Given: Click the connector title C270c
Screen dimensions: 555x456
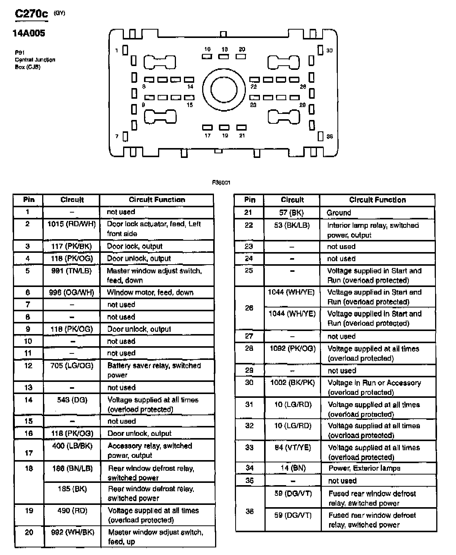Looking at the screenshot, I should click(32, 14).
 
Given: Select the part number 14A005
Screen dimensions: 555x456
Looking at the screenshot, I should click(29, 33).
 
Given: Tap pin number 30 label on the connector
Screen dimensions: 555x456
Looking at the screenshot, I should click(329, 50).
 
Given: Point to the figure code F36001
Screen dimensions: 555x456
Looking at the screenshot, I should click(221, 183).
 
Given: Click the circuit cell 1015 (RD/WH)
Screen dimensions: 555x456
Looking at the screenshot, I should click(71, 224).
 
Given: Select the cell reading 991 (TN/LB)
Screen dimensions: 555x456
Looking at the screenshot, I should click(71, 271).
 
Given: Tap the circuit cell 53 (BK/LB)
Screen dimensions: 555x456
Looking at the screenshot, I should click(292, 225).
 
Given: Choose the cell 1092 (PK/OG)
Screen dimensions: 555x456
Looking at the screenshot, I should click(292, 348).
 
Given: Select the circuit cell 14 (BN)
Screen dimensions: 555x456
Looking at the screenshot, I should click(293, 468).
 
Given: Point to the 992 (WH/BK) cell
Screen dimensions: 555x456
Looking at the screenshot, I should click(73, 532).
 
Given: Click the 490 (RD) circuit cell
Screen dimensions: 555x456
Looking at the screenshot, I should click(72, 511).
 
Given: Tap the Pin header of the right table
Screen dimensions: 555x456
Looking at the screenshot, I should click(250, 200).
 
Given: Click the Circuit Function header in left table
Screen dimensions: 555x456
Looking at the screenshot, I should click(157, 200).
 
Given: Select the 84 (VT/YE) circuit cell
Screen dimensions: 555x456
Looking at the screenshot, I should click(293, 448).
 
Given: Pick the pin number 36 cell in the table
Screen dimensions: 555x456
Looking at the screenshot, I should click(249, 511).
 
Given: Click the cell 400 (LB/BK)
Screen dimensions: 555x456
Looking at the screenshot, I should click(72, 446).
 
